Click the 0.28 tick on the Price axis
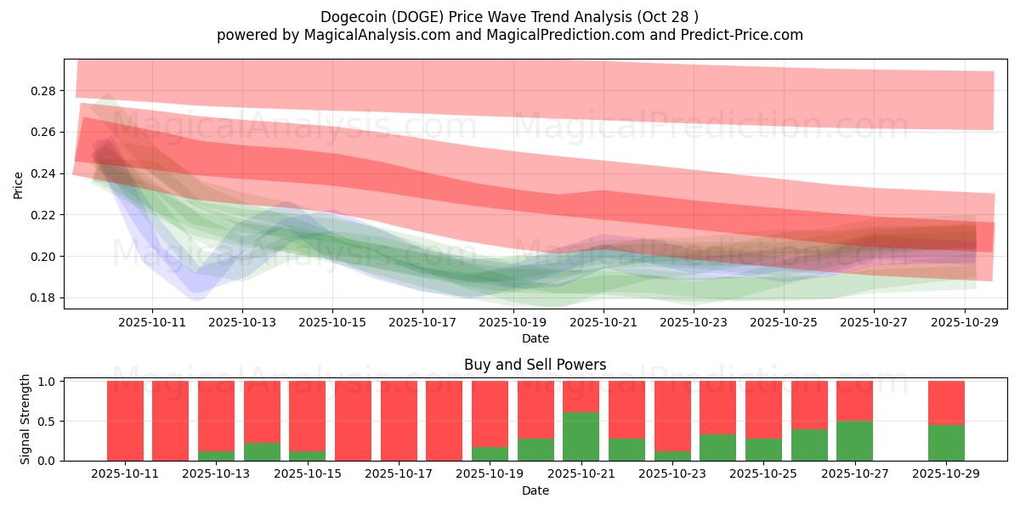44,91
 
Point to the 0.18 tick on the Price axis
44,298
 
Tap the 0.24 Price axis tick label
44,174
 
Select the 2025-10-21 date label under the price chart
603,322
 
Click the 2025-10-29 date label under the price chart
966,322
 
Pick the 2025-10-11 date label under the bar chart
125,474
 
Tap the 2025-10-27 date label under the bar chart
855,474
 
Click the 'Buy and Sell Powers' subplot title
535,365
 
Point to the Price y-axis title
19,185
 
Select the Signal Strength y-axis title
25,419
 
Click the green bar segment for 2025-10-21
581,436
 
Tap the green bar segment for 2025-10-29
946,443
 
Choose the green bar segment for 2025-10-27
855,440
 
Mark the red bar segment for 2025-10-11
125,421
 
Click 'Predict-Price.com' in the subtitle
745,35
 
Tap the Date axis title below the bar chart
535,490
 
